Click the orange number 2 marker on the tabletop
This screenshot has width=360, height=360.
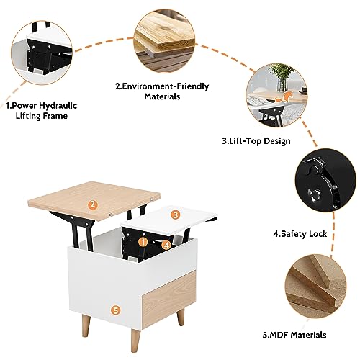93,204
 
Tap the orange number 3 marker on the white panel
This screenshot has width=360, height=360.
176,215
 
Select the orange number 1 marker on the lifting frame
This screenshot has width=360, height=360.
143,242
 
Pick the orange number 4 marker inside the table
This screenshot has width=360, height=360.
166,245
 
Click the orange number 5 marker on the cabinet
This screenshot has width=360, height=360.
116,310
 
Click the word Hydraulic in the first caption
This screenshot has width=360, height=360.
58,106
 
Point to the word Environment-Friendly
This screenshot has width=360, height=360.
166,86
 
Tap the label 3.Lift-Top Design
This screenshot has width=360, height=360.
256,141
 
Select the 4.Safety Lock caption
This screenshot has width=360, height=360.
300,234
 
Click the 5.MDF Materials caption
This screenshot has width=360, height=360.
294,335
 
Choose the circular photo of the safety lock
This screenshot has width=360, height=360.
325,180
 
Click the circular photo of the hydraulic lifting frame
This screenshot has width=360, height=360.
42,53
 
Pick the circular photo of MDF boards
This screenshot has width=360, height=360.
316,285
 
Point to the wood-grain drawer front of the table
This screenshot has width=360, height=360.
169,300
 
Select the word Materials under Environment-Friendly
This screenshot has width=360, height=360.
162,96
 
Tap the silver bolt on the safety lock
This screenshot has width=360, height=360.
314,194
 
